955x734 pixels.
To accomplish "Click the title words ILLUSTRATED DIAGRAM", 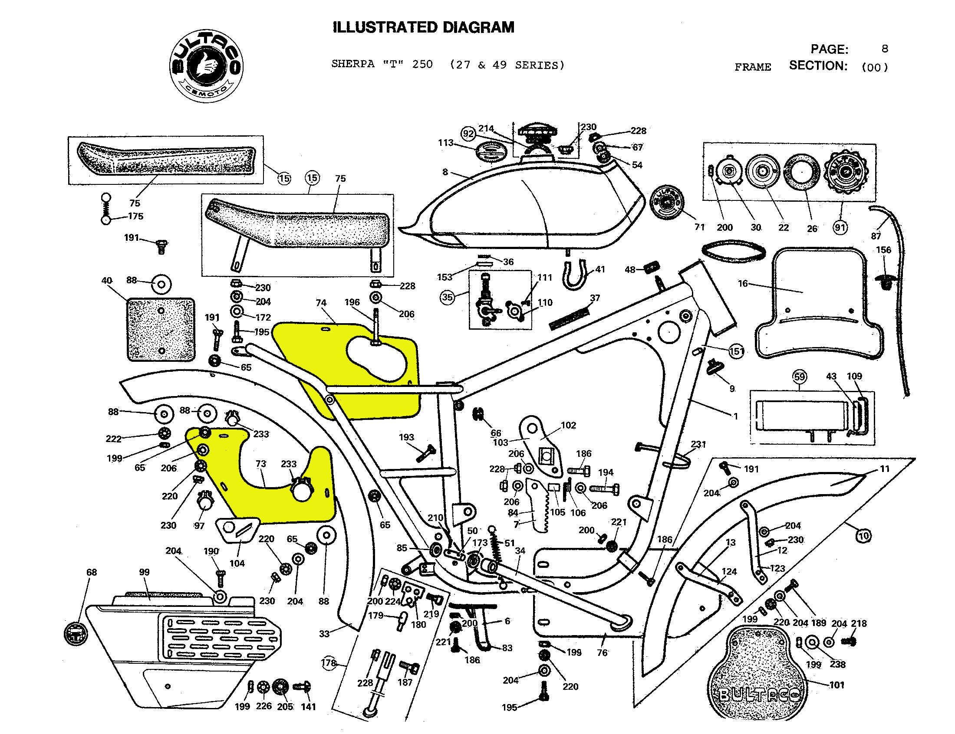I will (423, 27).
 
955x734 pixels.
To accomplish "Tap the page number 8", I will (885, 49).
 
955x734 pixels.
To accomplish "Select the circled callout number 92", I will (468, 134).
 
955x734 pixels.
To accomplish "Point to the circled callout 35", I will (447, 298).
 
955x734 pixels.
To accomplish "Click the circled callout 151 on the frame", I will (737, 351).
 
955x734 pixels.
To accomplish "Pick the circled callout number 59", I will (800, 377).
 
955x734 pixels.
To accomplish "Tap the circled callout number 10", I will (864, 536).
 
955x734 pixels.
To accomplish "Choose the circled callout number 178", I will (329, 663).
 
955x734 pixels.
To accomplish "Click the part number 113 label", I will (445, 143).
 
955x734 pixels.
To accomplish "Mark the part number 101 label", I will (836, 685).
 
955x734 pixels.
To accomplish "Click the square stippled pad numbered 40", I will (161, 330).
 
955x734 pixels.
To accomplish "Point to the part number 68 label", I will (91, 572).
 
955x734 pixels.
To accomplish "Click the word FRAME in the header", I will (753, 67).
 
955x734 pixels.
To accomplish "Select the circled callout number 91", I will (840, 228).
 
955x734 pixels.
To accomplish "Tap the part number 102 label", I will (568, 425).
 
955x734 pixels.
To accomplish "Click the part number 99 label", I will (144, 572).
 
